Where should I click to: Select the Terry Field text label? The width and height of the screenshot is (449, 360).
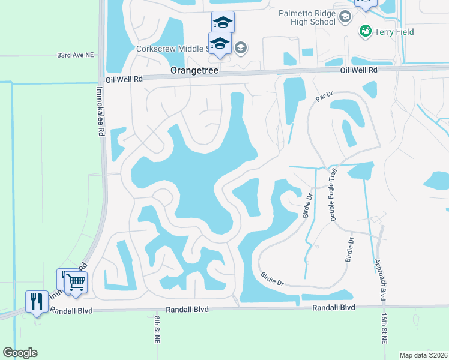[x=395, y=31]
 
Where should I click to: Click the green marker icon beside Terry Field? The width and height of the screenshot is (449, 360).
[x=364, y=30]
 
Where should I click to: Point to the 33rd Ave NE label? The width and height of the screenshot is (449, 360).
[x=76, y=55]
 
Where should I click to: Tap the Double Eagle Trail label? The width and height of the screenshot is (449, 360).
[x=333, y=195]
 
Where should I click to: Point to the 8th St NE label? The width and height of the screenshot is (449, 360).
[x=155, y=329]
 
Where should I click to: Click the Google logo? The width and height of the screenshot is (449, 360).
[x=20, y=353]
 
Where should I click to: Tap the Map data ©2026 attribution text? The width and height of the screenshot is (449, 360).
[x=423, y=355]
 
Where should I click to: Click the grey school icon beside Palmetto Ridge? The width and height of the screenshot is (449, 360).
[x=345, y=18]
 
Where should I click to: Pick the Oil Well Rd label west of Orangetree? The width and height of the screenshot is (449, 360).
[x=124, y=79]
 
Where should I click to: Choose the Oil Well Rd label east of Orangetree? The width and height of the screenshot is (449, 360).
[x=358, y=70]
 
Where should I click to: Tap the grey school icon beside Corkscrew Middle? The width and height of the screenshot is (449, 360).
[x=240, y=48]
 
